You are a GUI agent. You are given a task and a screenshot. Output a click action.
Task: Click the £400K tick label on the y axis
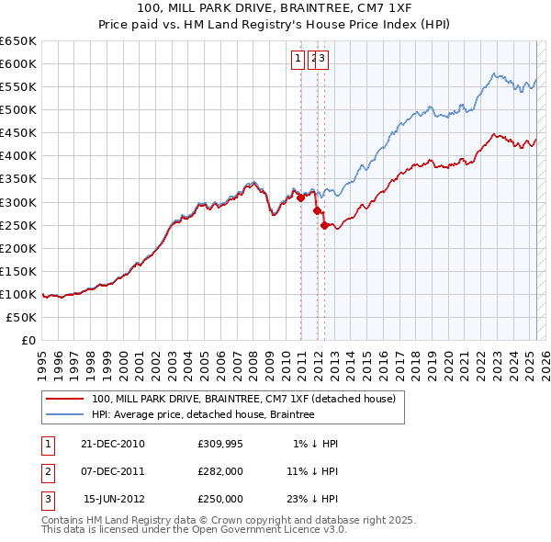[x=18, y=155]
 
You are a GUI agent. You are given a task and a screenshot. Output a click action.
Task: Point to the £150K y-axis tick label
[x=18, y=271]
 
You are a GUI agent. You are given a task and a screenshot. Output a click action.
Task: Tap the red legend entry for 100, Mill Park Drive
[x=243, y=399]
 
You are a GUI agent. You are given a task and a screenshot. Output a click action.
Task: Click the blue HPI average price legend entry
[x=203, y=415]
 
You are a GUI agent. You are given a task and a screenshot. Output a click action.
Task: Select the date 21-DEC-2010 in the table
[x=113, y=444]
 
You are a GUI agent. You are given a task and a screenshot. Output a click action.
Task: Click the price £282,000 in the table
[x=220, y=471]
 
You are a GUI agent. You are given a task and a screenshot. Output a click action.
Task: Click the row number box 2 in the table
[x=46, y=471]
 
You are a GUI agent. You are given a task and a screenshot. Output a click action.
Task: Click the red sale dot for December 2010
[x=300, y=198]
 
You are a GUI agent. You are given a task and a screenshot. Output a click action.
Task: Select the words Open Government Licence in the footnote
[x=246, y=529]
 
